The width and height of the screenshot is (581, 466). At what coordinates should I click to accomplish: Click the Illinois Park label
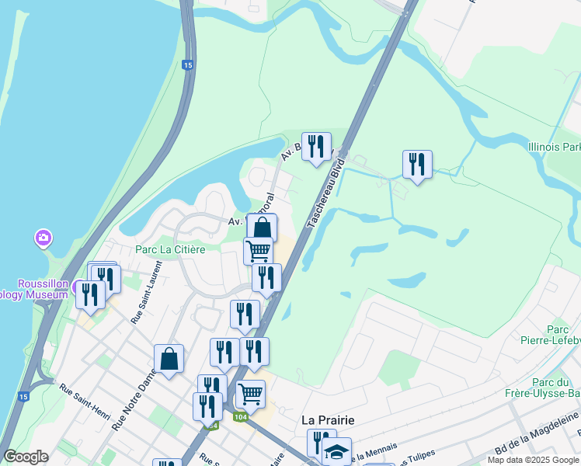(554, 147)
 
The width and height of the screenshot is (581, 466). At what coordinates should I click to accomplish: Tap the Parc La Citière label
(170, 249)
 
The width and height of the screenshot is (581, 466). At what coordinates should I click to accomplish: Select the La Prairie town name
(328, 419)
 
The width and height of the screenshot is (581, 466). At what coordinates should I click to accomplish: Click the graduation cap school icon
(336, 451)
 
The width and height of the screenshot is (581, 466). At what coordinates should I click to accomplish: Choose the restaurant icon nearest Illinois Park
(417, 165)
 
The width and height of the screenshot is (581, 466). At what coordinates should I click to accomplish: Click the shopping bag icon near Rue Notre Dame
(169, 359)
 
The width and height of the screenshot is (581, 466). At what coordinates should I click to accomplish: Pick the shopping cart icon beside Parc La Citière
(258, 251)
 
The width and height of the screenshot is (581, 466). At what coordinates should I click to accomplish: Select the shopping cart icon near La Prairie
(250, 393)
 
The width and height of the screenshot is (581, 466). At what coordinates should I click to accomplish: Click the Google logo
(26, 457)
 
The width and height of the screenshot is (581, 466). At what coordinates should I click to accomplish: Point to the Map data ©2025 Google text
(533, 460)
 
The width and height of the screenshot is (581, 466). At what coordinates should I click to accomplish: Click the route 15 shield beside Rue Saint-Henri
(23, 397)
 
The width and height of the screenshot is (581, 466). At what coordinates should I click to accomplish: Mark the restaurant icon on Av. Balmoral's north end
(315, 145)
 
